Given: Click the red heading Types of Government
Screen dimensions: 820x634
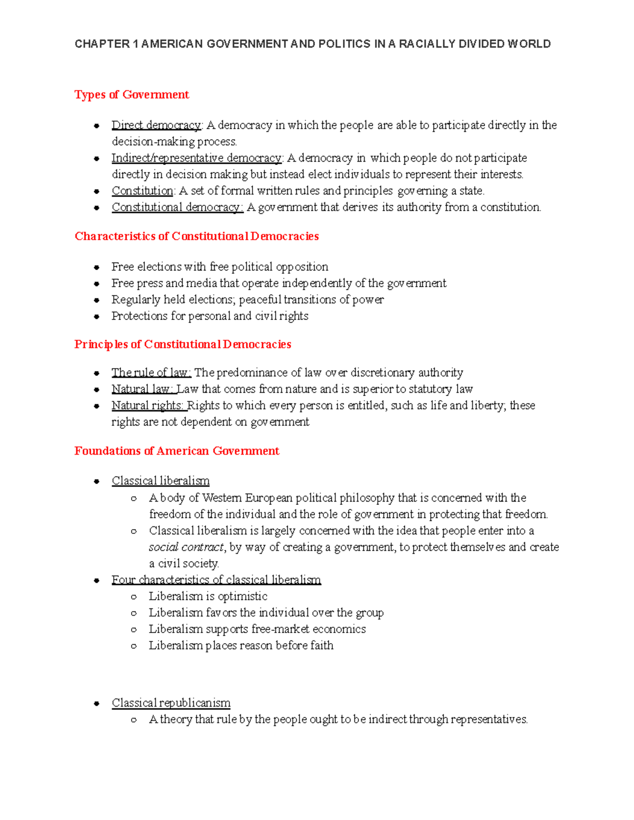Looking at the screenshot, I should (132, 95).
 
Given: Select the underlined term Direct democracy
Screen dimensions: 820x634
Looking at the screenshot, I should (156, 125).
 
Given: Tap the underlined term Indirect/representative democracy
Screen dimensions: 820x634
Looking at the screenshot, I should (197, 158).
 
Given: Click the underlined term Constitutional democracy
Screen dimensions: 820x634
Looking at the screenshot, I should (177, 207).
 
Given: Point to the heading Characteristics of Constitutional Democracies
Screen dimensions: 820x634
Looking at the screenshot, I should (197, 236).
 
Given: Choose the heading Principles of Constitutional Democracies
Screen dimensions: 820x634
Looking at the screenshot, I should (183, 344).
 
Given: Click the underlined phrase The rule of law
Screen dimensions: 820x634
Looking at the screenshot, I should (151, 373).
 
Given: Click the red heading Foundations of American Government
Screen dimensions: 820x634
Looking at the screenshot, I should (176, 451).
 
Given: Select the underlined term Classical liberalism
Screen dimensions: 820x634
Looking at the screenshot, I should (161, 481).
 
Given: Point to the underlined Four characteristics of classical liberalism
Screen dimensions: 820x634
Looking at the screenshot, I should (216, 580).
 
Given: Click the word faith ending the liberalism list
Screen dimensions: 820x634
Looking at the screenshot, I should (322, 645).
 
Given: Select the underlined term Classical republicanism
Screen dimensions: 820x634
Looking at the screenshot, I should (171, 703).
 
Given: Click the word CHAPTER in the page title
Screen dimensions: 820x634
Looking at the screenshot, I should (102, 44).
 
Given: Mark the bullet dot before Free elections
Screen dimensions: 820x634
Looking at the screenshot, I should (97, 268).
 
